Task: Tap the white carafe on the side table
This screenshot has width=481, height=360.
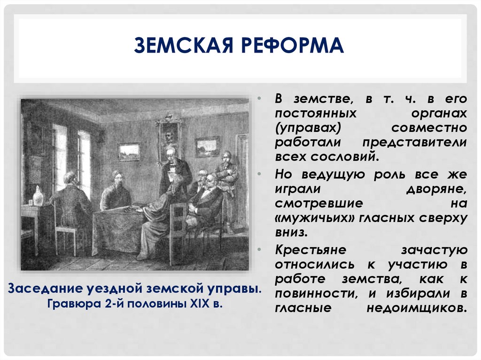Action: [x=38, y=196]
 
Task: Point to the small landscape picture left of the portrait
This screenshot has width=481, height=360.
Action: [x=129, y=152]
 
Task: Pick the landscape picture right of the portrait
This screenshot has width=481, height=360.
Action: [x=207, y=146]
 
